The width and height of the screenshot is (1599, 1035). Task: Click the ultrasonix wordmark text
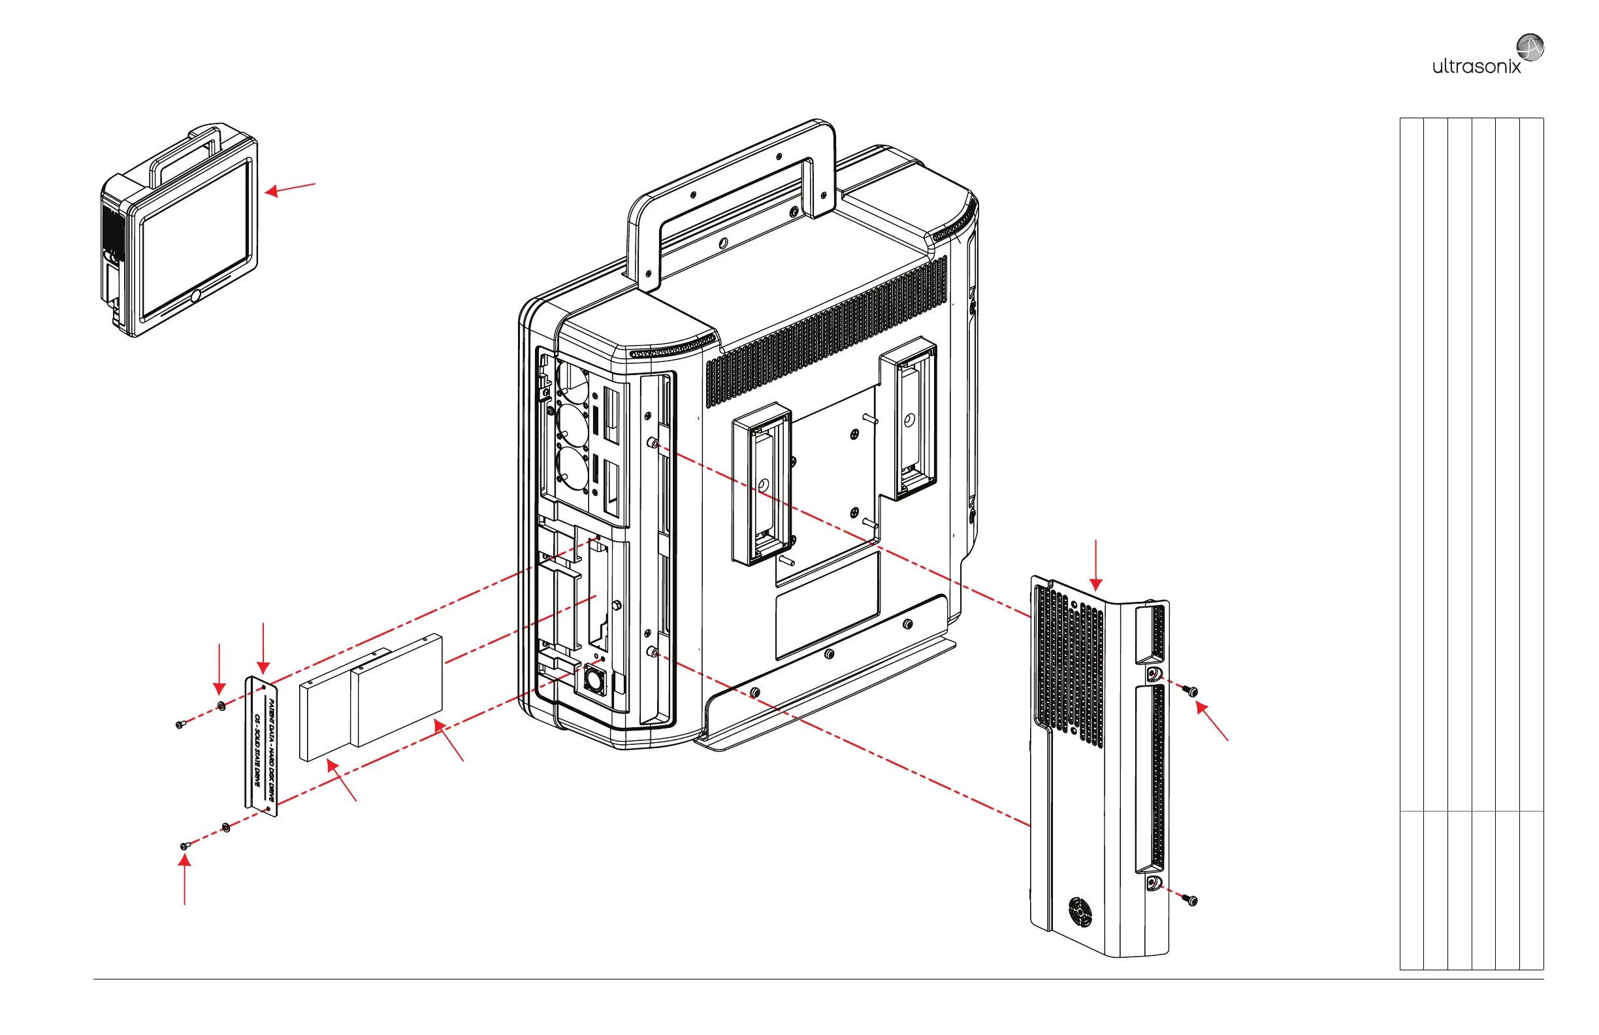coord(1476,67)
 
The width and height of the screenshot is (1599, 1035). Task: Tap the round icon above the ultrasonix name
coord(1530,47)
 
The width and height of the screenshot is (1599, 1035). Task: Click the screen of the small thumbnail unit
coord(195,239)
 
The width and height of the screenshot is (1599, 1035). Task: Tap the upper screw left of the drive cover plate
coord(180,724)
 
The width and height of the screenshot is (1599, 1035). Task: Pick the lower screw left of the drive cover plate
coord(185,846)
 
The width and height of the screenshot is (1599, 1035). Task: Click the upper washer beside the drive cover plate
coord(221,706)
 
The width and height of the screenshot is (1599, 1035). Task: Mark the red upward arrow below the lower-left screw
coord(185,880)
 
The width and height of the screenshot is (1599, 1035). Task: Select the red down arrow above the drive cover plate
coord(263,649)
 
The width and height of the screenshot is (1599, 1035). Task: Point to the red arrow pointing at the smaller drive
coord(342,780)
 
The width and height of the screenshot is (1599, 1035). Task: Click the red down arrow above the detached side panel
coord(1096,565)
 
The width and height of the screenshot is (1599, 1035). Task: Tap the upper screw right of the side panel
coord(1191,690)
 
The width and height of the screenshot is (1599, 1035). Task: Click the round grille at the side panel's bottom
coord(1080,912)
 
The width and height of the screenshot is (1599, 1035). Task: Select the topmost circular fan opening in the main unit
coord(573,382)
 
